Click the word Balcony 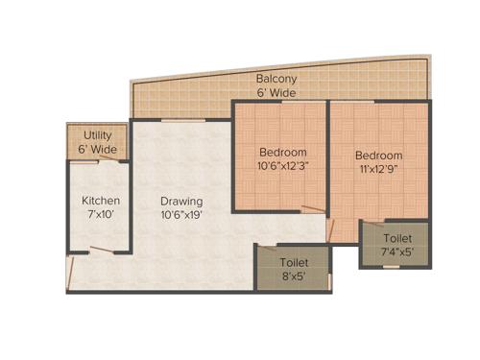pos(276,79)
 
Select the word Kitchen pos(101,201)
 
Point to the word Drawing pos(180,201)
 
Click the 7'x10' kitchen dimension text pos(101,215)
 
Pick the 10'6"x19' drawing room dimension pos(180,215)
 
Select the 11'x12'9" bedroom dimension pos(378,169)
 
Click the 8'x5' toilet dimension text pos(294,275)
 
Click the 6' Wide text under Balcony pos(276,93)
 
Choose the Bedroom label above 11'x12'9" pos(378,155)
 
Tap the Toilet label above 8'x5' pos(294,260)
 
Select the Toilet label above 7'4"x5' pos(397,236)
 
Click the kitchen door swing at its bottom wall pos(93,252)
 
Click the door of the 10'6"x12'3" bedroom pos(313,209)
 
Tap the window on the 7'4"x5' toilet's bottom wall pos(391,266)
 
